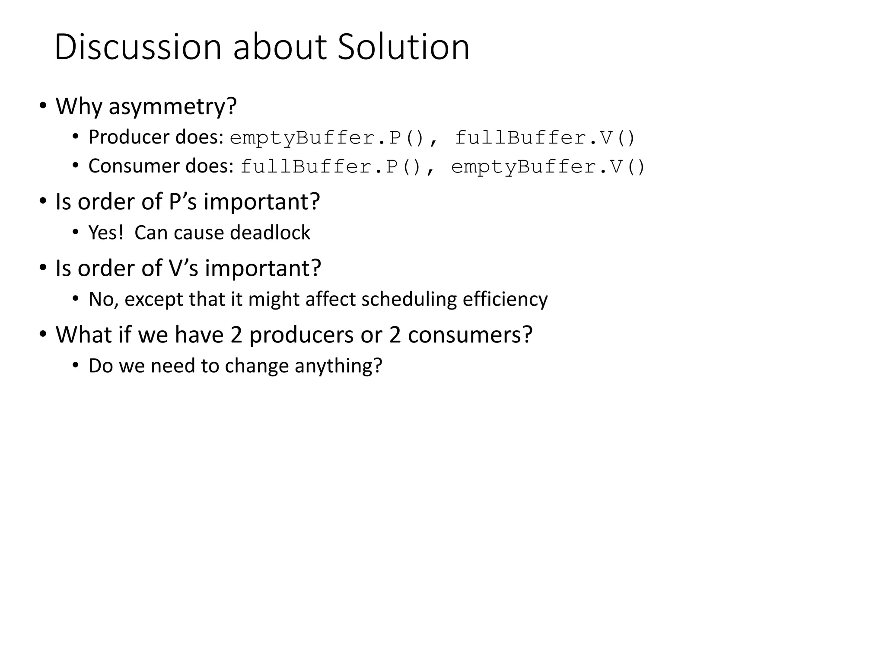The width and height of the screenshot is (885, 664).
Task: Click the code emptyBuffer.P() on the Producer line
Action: (327, 138)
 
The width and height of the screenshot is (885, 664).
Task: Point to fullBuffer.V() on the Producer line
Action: (545, 138)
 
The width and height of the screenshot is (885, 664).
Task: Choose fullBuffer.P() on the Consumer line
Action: (331, 167)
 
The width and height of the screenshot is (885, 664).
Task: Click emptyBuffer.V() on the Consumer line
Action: (548, 167)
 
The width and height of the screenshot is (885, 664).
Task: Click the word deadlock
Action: (270, 233)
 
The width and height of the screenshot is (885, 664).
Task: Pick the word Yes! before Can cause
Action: (106, 233)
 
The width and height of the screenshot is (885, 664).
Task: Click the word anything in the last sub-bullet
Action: (338, 366)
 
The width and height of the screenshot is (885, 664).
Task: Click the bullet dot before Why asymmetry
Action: (43, 105)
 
